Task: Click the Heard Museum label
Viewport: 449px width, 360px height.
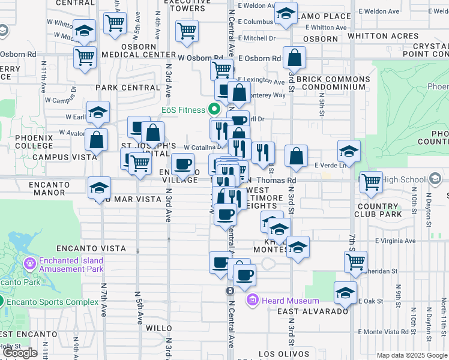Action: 291,301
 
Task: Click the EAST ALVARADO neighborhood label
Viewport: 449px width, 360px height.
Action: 313,311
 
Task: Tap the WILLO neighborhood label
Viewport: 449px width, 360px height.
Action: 159,328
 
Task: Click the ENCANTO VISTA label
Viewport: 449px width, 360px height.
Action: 91,248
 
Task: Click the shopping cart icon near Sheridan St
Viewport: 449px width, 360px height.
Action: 355,262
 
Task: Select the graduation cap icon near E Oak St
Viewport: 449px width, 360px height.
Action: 345,293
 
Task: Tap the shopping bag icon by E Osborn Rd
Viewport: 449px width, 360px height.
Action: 294,58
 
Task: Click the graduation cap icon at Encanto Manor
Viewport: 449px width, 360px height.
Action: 99,188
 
